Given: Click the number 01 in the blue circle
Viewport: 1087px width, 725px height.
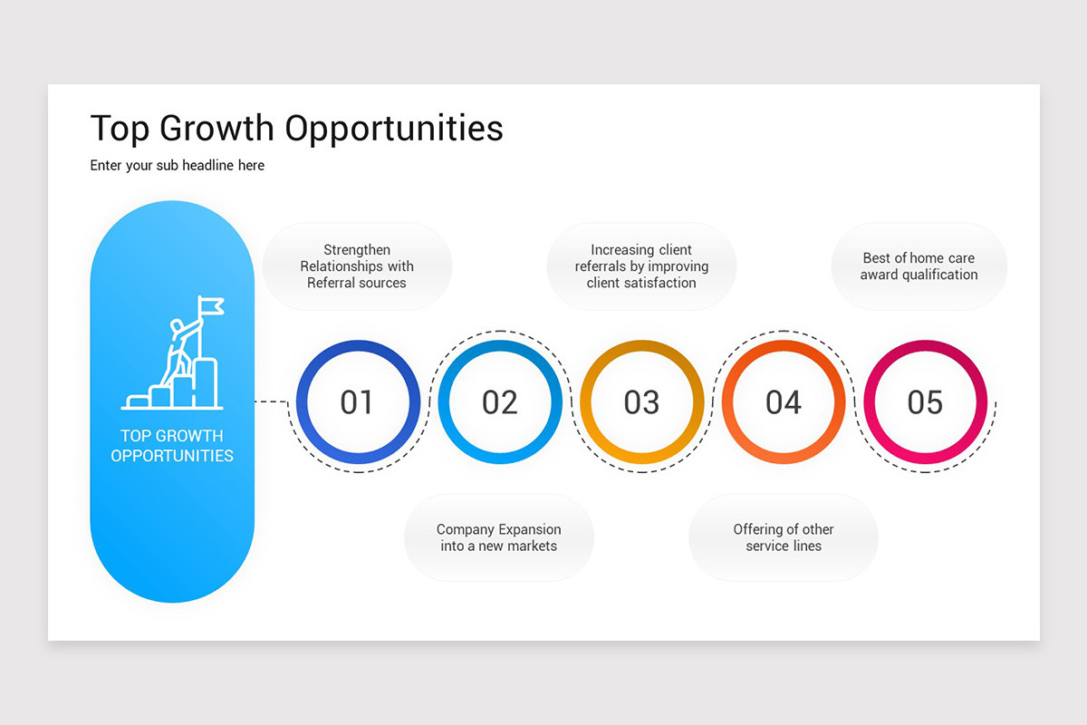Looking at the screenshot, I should (x=357, y=402).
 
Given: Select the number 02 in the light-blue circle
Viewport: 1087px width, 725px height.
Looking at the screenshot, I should (x=499, y=402).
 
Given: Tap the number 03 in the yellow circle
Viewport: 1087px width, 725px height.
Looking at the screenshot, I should (x=641, y=402).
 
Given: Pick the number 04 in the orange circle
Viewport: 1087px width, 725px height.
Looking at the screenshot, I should (x=784, y=402).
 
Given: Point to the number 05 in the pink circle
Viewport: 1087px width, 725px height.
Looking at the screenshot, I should (x=925, y=402).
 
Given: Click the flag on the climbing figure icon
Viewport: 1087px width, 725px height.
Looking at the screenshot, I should (x=211, y=305).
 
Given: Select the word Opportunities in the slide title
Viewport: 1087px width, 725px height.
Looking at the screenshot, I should (x=394, y=129).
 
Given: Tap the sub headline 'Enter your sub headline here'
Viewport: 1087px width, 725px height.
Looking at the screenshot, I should (x=178, y=166).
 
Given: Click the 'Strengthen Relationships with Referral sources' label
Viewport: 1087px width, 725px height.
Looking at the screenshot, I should (x=357, y=266).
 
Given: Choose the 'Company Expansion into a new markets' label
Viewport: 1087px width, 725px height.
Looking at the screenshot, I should (x=499, y=537).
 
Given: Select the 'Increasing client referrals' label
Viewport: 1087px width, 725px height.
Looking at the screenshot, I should (x=641, y=266).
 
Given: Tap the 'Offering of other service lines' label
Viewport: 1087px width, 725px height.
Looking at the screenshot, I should (x=784, y=537).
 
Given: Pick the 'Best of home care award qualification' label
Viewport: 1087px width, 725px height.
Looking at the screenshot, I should (x=919, y=266).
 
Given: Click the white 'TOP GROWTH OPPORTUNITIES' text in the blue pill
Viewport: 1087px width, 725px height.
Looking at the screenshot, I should (x=172, y=446).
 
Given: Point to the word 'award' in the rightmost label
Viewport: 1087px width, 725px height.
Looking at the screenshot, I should (x=880, y=275).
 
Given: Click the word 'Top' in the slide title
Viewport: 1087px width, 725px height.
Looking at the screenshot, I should (x=120, y=129).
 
